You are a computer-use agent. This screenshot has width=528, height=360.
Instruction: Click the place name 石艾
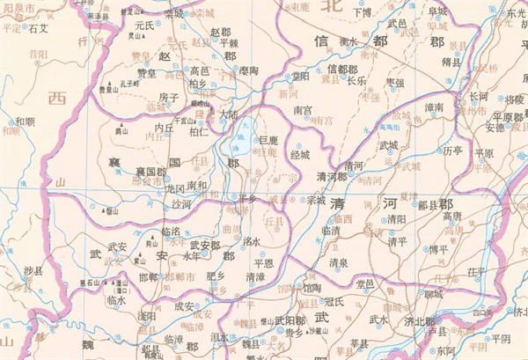[40, 28]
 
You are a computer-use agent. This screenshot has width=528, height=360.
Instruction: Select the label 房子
[169, 97]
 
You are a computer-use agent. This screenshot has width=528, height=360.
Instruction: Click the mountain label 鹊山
[121, 129]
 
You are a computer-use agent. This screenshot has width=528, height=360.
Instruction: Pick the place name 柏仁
[199, 132]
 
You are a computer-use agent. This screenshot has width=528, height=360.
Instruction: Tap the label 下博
[362, 13]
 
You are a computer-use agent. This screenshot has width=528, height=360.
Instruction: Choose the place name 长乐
[356, 80]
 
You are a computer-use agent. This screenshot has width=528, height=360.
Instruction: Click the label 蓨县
[451, 62]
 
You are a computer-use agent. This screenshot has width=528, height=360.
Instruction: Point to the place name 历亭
[452, 151]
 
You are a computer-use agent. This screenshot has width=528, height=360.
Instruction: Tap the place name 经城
[299, 155]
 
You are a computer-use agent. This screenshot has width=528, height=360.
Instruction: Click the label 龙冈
[175, 187]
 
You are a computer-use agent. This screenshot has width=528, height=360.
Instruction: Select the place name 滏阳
[148, 315]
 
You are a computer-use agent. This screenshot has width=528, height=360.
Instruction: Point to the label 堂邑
[364, 283]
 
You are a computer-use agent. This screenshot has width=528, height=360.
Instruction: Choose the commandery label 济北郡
[418, 321]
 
